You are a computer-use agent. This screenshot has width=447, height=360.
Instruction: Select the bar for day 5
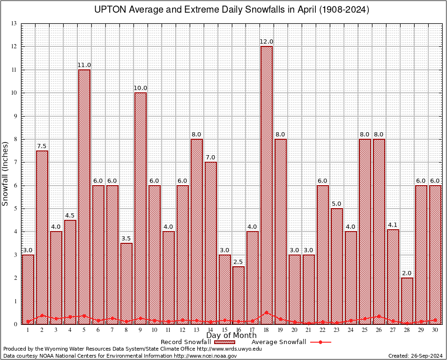click(84, 197)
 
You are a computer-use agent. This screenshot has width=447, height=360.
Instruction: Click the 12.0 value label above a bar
click(267, 42)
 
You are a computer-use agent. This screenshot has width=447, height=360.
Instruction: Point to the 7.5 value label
click(42, 146)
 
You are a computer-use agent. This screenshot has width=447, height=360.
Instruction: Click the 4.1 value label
click(393, 225)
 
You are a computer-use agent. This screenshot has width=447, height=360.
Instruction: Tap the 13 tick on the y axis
click(14, 23)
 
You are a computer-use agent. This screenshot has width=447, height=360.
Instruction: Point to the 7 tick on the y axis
click(15, 162)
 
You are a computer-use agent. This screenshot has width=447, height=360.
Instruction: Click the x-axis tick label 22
click(323, 330)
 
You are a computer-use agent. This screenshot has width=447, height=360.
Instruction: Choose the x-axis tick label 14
click(210, 330)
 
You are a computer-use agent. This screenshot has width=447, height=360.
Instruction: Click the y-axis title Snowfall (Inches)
click(6, 174)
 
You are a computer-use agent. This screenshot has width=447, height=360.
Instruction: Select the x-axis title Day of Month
click(231, 336)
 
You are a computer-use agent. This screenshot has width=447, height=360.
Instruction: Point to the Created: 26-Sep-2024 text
click(415, 356)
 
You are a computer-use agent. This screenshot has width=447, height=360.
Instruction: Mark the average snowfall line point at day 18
click(267, 312)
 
